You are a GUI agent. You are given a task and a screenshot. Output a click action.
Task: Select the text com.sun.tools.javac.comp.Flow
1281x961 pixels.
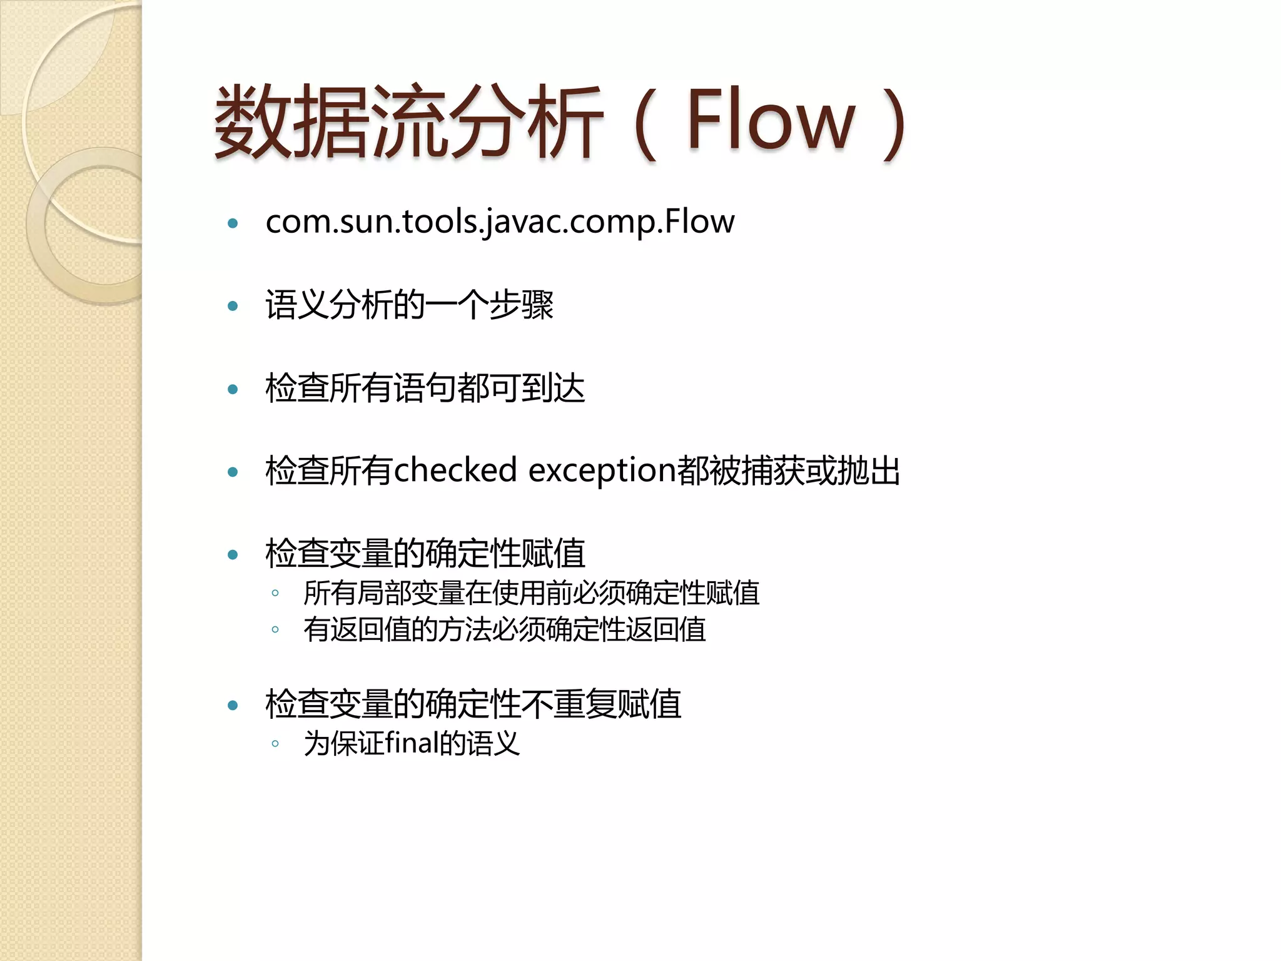[500, 221]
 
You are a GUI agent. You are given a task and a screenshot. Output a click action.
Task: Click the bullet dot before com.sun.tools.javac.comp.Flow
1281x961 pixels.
[233, 223]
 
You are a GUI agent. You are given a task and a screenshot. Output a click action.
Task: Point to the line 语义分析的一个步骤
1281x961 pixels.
[410, 305]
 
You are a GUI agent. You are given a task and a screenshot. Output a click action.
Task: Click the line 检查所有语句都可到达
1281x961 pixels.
[425, 388]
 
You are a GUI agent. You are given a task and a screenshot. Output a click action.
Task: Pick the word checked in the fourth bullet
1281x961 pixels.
[455, 470]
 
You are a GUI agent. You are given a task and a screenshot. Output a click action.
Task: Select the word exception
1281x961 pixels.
[602, 470]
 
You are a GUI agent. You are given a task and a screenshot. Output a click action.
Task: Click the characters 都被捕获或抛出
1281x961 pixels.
[789, 470]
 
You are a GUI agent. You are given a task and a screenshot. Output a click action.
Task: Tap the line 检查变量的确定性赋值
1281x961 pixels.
[425, 554]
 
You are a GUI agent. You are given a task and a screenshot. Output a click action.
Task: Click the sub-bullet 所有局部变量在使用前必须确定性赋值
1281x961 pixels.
[532, 593]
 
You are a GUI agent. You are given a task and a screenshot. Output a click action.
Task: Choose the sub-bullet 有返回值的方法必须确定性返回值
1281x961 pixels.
[505, 629]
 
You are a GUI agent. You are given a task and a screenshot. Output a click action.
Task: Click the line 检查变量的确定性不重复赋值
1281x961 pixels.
[473, 704]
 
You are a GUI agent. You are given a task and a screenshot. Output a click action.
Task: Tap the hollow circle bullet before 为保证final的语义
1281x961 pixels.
[275, 744]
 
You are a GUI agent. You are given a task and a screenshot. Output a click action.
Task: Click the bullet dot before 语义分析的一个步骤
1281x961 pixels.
[233, 306]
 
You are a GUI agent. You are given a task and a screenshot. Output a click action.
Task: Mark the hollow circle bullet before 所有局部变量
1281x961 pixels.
[275, 592]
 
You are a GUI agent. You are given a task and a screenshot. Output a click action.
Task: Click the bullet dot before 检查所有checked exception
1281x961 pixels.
[233, 472]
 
